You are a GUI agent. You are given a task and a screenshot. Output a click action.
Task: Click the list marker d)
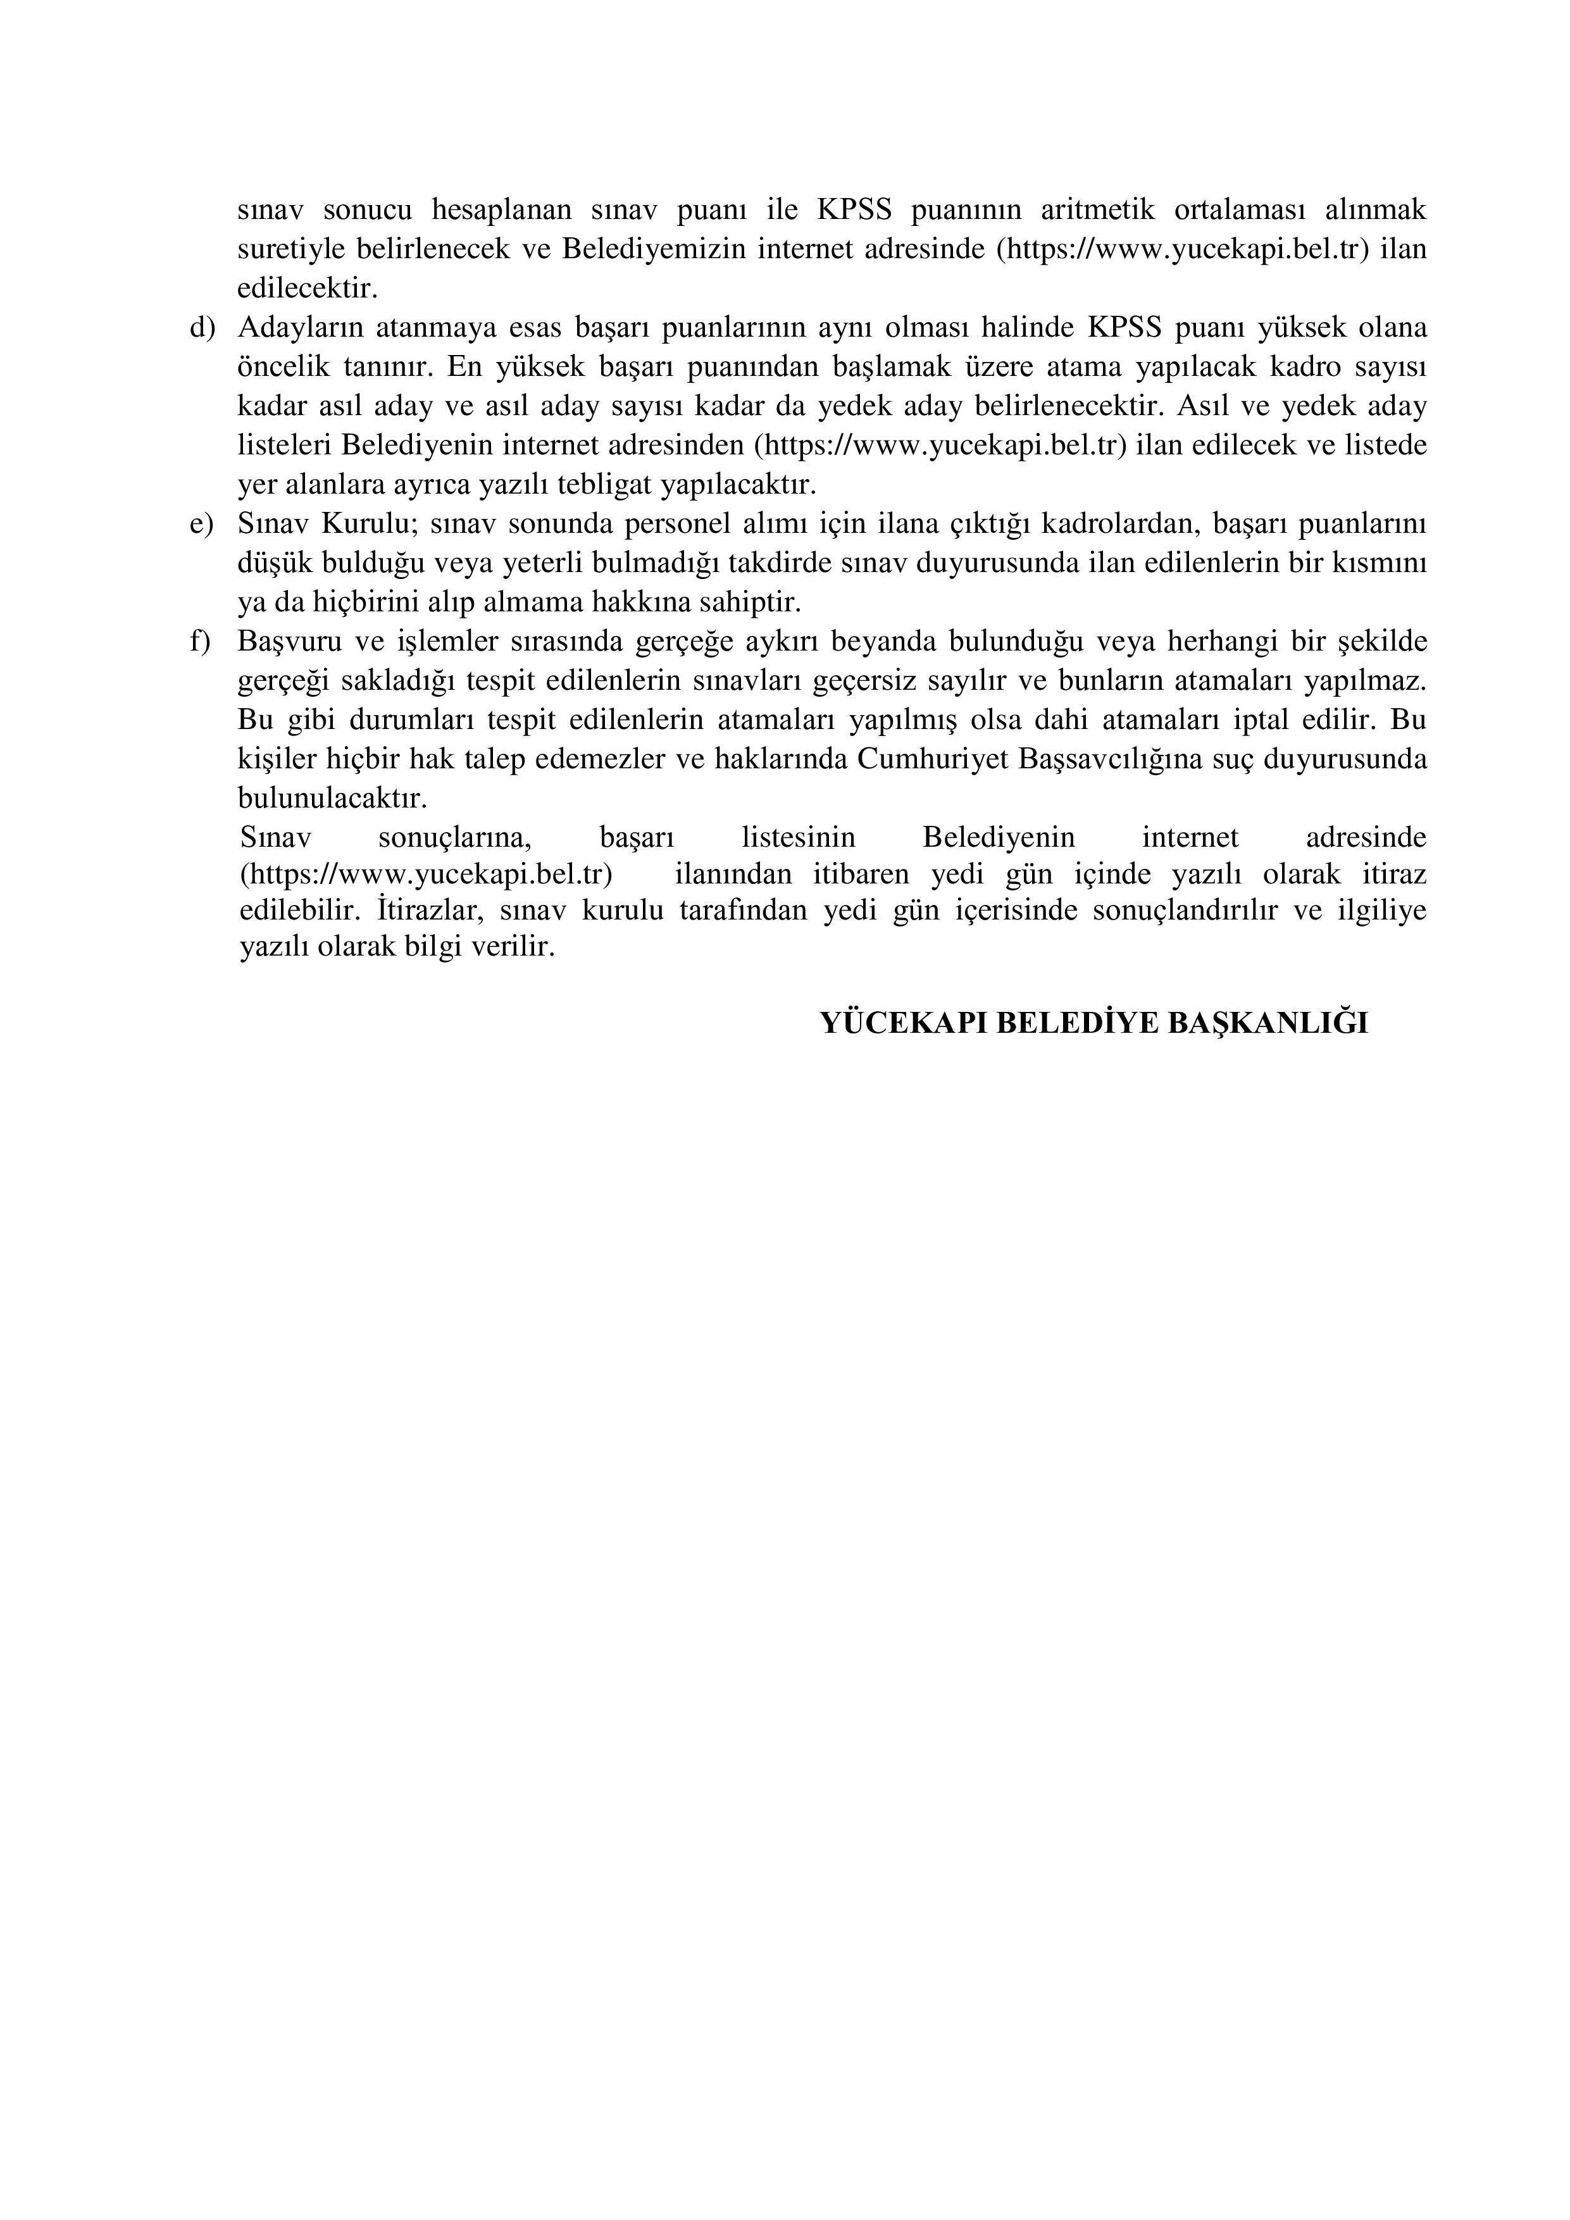pyautogui.click(x=201, y=328)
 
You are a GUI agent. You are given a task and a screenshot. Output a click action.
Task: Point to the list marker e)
pyautogui.click(x=201, y=524)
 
